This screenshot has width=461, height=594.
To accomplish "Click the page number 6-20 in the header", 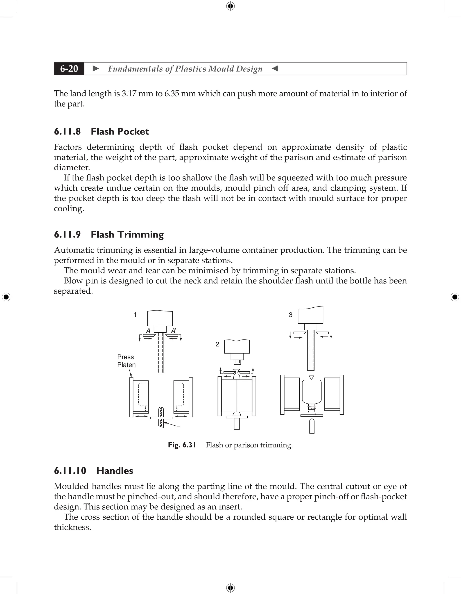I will [69, 69].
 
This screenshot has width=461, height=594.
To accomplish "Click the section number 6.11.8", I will [67, 132].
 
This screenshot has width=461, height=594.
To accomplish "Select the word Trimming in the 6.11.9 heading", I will [141, 234].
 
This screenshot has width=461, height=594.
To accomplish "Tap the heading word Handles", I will [115, 471].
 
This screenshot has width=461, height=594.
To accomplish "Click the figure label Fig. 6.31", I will [182, 445].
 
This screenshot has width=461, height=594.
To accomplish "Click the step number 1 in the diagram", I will [135, 315].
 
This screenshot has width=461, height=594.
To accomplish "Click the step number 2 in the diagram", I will [217, 344].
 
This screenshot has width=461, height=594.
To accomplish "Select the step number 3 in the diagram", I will [290, 315].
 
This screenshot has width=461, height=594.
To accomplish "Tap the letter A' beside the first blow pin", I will [174, 331].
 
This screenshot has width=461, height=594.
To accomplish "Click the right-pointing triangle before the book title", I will [96, 69].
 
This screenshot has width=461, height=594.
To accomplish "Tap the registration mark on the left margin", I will [6, 297].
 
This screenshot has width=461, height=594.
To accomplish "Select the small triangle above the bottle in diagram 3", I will [312, 377].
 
